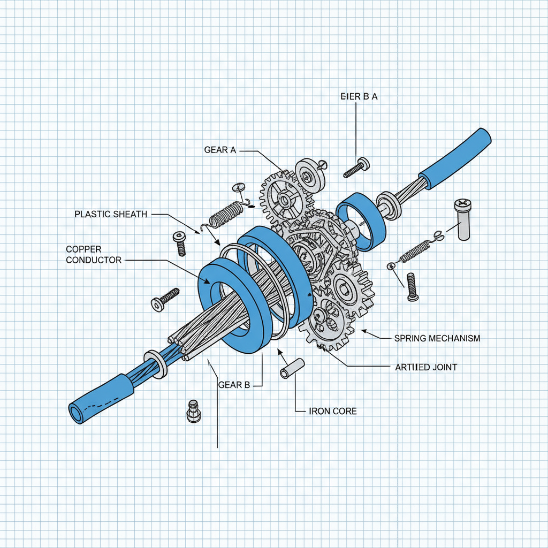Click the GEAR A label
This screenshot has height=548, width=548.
(x=219, y=150)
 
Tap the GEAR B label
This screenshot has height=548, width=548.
(x=234, y=385)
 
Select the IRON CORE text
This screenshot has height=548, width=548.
(x=333, y=412)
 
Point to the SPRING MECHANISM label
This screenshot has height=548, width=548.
(x=437, y=338)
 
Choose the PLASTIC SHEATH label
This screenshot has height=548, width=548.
(x=110, y=214)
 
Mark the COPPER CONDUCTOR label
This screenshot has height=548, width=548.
(x=94, y=255)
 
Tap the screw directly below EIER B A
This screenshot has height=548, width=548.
(x=356, y=167)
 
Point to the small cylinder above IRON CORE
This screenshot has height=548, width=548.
(x=292, y=369)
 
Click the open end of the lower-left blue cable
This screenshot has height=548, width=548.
(x=75, y=413)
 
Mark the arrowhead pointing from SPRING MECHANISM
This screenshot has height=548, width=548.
(x=364, y=332)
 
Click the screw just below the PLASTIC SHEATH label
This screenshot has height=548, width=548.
(x=179, y=243)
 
